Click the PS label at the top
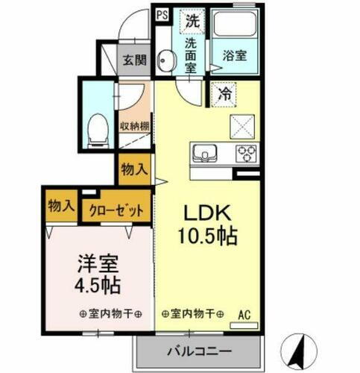pyautogui.click(x=162, y=13)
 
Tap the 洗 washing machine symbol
pyautogui.click(x=192, y=20)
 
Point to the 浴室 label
pyautogui.click(x=233, y=54)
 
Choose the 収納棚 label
pyautogui.click(x=134, y=126)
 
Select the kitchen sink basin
pyautogui.click(x=203, y=154)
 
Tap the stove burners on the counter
pyautogui.click(x=247, y=154)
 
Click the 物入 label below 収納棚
pyautogui.click(x=133, y=170)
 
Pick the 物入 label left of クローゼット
pyautogui.click(x=60, y=206)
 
